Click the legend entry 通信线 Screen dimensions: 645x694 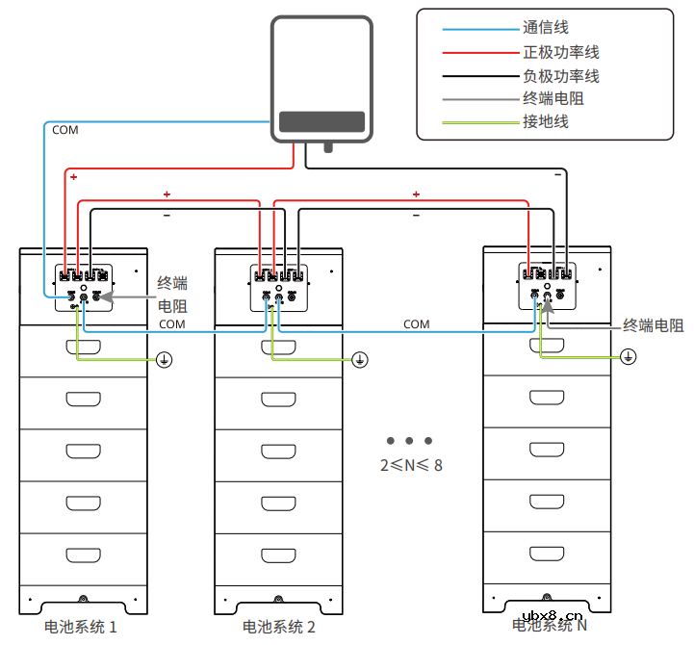[x=545, y=29]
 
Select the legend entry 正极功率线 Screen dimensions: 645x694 [x=560, y=52]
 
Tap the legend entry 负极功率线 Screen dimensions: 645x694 [x=560, y=75]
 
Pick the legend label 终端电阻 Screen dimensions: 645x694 [x=553, y=98]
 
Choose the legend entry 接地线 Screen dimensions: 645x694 [x=545, y=121]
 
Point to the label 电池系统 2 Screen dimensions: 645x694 [x=278, y=627]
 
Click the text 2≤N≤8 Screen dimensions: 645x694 [x=411, y=464]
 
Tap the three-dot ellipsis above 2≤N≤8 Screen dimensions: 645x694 [x=410, y=441]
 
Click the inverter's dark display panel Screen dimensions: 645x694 [x=321, y=122]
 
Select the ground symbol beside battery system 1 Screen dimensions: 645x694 [x=165, y=359]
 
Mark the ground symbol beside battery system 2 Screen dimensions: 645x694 [x=359, y=359]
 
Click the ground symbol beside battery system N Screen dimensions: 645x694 [x=628, y=356]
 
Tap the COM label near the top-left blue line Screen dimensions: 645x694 [x=65, y=130]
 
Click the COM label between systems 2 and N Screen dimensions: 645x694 [x=416, y=324]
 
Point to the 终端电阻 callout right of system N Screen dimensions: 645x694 [x=653, y=325]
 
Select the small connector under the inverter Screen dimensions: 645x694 [x=328, y=147]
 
